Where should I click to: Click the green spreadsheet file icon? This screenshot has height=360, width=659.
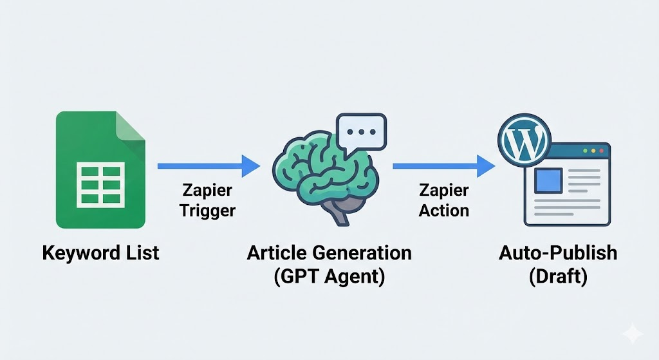click(100, 170)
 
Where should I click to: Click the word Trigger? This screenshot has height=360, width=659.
click(208, 211)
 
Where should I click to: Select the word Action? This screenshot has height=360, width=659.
click(443, 211)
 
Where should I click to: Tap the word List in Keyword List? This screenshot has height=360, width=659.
click(139, 252)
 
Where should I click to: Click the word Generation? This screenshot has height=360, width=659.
click(361, 252)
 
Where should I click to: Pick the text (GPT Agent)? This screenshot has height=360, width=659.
click(329, 277)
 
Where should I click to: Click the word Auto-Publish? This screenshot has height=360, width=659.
click(557, 252)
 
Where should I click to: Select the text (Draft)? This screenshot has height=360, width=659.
click(557, 277)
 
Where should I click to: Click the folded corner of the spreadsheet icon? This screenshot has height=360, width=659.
click(131, 125)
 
